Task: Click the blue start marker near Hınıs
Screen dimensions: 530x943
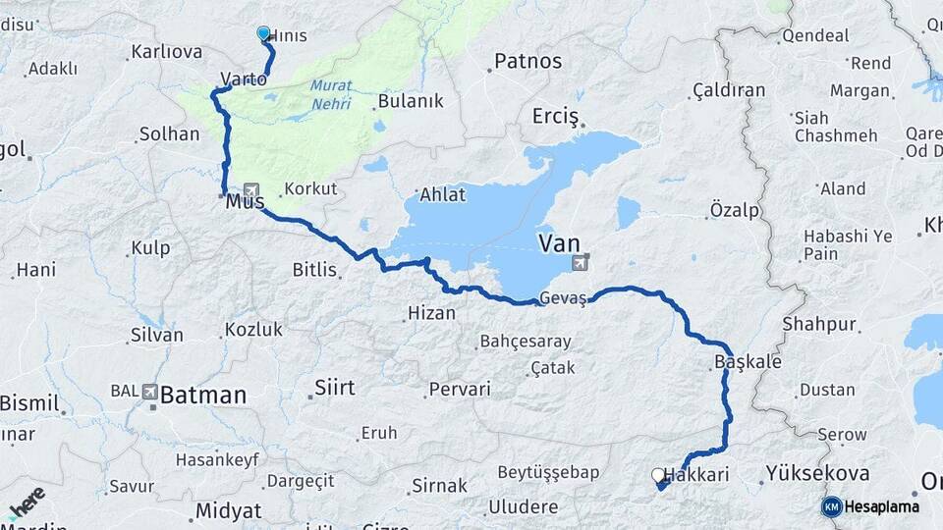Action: coord(263,33)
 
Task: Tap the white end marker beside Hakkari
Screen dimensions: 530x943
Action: coord(657,475)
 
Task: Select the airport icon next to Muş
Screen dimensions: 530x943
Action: coord(250,190)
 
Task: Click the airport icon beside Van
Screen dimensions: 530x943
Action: coord(582,262)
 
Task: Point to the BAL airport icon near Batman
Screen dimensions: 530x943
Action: coord(149,391)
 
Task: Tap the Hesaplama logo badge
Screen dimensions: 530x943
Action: coord(831,506)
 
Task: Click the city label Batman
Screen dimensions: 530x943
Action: coord(203,396)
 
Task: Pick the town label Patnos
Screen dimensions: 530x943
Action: coord(527,61)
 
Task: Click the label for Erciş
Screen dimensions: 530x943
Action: coord(556,116)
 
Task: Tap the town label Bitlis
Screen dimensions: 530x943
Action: coord(314,269)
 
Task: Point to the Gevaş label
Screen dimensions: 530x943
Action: coord(563,299)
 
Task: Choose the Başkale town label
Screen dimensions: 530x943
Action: coord(748,362)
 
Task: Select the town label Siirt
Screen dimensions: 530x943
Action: coord(334,388)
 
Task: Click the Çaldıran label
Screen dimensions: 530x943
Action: coord(729,90)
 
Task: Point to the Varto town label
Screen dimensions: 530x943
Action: coord(244,79)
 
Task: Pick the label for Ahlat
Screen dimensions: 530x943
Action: coord(442,194)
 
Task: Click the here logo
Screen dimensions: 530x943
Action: coord(27,503)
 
